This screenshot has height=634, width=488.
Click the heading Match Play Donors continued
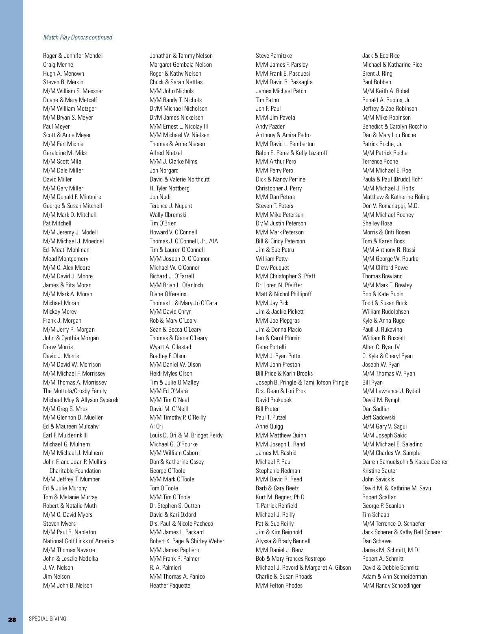[x=78, y=37]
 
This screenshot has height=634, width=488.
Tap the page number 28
[x=12, y=619]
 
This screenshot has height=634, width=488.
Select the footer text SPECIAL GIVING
[x=48, y=619]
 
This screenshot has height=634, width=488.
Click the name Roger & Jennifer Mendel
[x=73, y=56]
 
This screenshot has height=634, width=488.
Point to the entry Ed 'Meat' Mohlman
[x=66, y=250]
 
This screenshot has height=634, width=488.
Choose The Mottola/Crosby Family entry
[x=75, y=391]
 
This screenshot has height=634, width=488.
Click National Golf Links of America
[x=79, y=541]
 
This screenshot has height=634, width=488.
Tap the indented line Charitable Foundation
[x=75, y=471]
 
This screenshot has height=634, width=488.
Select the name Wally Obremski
[x=168, y=215]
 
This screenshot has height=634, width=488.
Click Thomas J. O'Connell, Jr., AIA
[x=184, y=241]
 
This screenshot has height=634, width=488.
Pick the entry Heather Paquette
[x=170, y=586]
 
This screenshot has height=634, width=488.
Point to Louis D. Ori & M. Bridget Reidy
[x=186, y=435]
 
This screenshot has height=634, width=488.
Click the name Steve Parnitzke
[x=274, y=56]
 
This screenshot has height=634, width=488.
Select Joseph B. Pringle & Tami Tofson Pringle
[x=302, y=383]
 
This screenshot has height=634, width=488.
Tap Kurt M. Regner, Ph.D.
[x=281, y=497]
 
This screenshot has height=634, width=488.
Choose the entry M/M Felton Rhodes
[x=279, y=586]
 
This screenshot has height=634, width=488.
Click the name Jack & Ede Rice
[x=381, y=56]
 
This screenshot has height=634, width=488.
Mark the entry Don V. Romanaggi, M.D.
[x=390, y=206]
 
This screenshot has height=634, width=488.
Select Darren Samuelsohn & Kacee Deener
[x=405, y=462]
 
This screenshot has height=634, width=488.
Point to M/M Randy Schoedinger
[x=392, y=586]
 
